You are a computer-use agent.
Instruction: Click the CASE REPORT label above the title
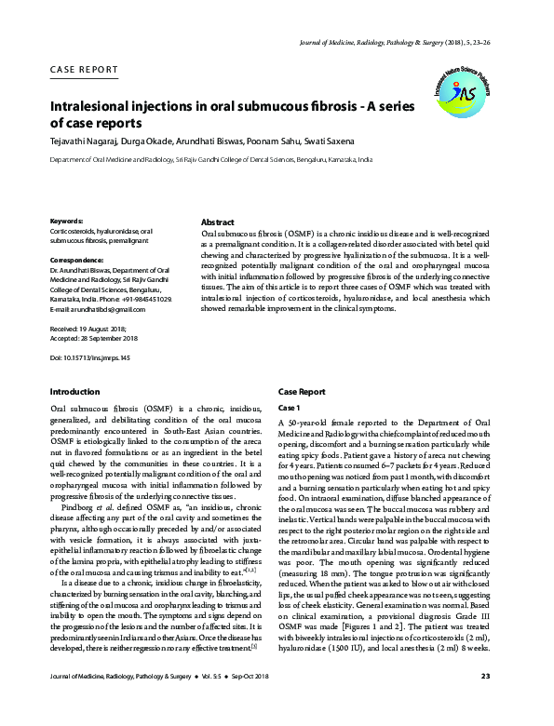click(x=84, y=70)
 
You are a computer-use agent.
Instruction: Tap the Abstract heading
click(x=217, y=222)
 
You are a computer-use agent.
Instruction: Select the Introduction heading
click(x=74, y=393)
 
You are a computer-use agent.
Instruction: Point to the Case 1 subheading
click(x=290, y=409)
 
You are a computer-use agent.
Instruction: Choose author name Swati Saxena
click(x=325, y=141)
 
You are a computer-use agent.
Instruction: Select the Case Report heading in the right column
click(x=302, y=393)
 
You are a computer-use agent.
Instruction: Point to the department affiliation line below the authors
click(x=210, y=161)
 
